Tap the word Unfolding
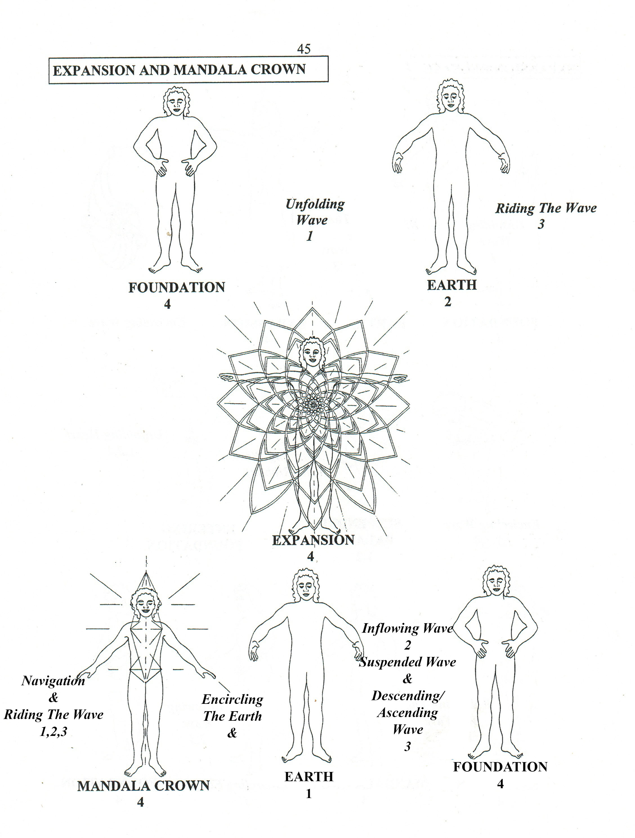tap(315, 204)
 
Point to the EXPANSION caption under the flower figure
tap(313, 540)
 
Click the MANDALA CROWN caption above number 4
tap(143, 786)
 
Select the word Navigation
tap(53, 681)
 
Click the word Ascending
tap(408, 713)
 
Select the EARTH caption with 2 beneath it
tap(451, 285)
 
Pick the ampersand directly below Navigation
tap(53, 697)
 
